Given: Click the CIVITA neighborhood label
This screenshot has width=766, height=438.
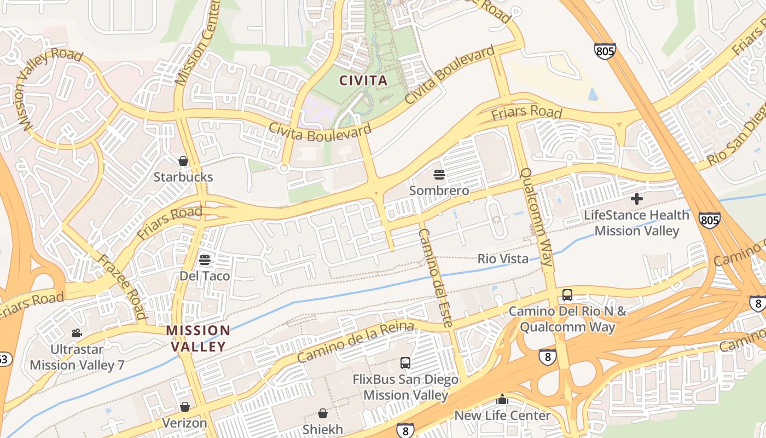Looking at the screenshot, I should click(363, 81).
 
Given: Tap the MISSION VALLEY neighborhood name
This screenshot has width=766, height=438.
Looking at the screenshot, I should click(198, 338).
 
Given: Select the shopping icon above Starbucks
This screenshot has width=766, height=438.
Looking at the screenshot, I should click(183, 161).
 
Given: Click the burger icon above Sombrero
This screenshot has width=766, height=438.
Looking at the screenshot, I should click(439, 175).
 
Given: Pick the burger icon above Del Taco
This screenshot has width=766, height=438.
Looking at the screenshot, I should click(205, 260).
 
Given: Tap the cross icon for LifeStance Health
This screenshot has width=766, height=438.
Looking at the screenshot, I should click(637, 199).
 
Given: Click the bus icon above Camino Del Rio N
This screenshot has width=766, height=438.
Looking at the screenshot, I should click(567, 295).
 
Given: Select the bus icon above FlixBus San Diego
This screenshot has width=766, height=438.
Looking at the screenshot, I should click(405, 363).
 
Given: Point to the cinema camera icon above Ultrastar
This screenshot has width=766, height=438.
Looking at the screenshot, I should click(77, 333).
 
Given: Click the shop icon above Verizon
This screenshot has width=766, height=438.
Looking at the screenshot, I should click(185, 407).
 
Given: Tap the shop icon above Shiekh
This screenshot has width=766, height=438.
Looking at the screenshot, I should click(323, 413).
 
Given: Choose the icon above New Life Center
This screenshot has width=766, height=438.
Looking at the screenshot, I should click(502, 399).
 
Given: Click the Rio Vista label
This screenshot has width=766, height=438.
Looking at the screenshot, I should click(503, 259).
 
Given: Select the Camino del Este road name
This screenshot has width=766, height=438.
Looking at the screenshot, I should click(436, 278).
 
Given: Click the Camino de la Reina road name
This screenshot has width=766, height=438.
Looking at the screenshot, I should click(355, 342).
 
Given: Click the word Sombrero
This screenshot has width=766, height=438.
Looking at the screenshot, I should click(439, 191).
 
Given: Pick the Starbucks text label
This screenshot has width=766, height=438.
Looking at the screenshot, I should click(183, 177).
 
